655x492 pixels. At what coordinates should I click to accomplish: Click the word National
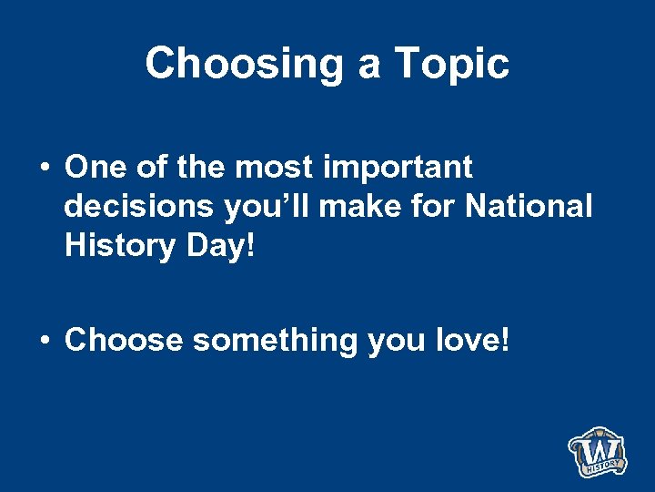529,207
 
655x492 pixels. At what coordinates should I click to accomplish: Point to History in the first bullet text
114,246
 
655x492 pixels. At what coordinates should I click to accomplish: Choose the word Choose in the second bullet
124,340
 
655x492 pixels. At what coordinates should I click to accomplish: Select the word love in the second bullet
477,340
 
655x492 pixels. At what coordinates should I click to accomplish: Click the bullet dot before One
44,169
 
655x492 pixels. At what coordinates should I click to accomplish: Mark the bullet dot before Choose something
44,341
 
